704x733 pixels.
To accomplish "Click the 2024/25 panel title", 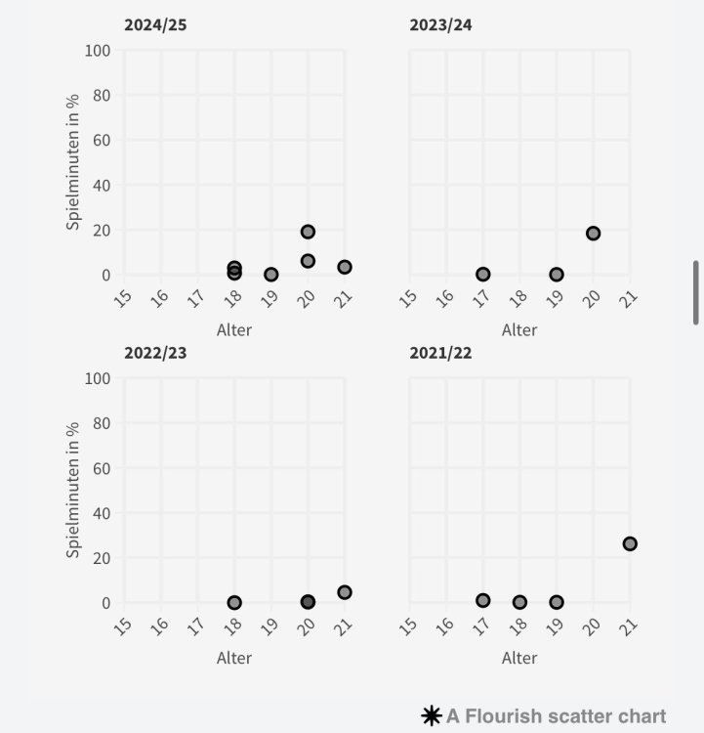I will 155,24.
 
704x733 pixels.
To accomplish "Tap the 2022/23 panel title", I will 155,353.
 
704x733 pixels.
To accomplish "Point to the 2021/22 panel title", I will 440,353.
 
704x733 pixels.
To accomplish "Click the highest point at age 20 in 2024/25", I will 308,232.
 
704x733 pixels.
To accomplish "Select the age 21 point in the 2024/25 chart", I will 345,267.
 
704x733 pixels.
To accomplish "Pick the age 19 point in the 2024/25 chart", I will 271,275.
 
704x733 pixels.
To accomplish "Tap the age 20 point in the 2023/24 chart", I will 593,234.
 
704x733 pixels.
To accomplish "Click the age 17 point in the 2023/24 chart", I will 482,275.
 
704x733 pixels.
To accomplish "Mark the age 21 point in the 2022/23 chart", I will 345,592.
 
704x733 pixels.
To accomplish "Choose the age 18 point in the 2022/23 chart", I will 234,603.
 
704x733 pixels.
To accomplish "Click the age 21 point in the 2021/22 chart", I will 630,543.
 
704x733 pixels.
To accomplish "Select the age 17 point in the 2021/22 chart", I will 482,600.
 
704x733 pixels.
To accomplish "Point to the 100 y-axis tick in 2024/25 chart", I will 99,50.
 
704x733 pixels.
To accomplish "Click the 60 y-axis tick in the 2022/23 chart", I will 103,468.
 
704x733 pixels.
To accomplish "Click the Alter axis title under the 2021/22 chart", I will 519,658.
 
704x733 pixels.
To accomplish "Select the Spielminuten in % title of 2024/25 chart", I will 74,162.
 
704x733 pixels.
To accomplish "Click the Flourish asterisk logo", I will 431,716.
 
